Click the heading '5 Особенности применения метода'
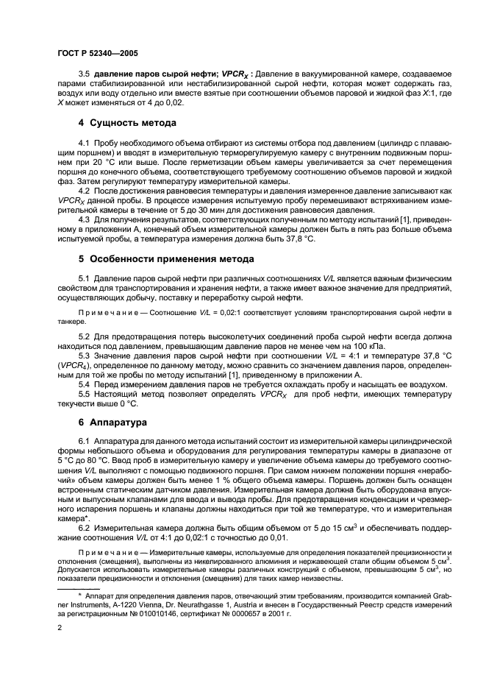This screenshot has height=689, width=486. point(165,258)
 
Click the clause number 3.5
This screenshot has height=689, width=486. point(85,74)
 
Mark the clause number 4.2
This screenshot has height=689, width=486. point(84,189)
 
